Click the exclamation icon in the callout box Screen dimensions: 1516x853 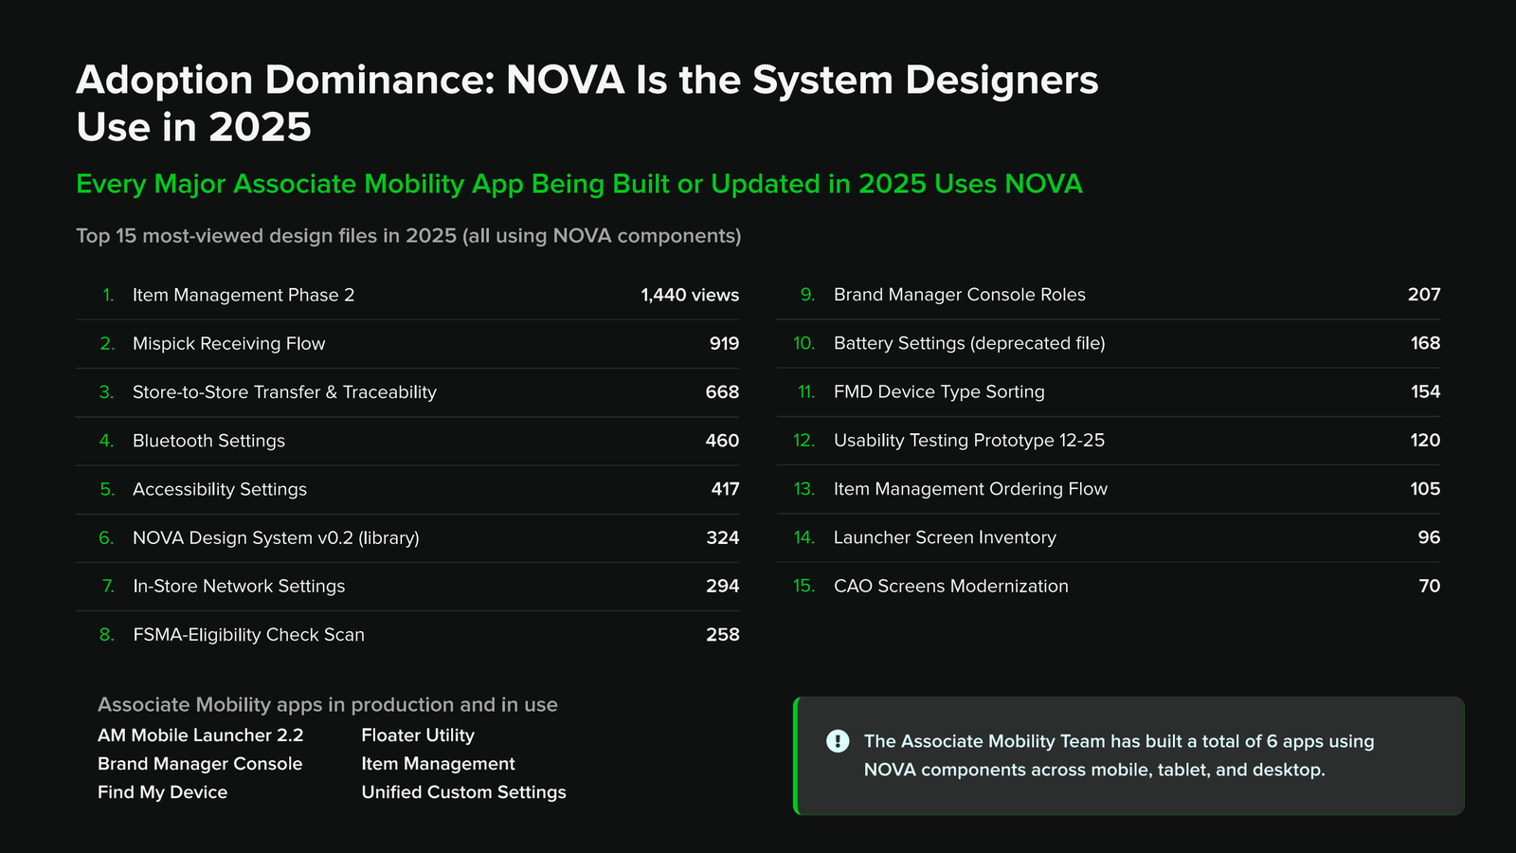(838, 741)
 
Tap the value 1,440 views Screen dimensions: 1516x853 (690, 295)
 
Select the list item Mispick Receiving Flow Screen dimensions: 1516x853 (228, 344)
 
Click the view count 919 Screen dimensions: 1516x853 (724, 344)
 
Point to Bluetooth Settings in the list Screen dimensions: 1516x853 (208, 441)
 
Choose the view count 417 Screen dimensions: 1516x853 (725, 489)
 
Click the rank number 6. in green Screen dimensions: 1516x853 (106, 538)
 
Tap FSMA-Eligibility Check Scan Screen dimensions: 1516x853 (248, 635)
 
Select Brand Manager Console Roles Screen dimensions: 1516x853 (959, 295)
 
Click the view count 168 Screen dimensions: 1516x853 (1425, 343)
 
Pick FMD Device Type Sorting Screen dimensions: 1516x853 (939, 392)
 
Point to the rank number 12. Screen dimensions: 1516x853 (804, 441)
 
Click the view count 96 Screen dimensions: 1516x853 (1429, 537)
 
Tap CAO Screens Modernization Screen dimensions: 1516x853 (951, 587)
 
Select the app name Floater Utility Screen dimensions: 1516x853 (418, 735)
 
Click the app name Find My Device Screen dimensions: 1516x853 (162, 792)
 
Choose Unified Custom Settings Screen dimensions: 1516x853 (463, 792)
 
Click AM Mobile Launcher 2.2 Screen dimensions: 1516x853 (200, 735)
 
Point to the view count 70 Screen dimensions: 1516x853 (1430, 587)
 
